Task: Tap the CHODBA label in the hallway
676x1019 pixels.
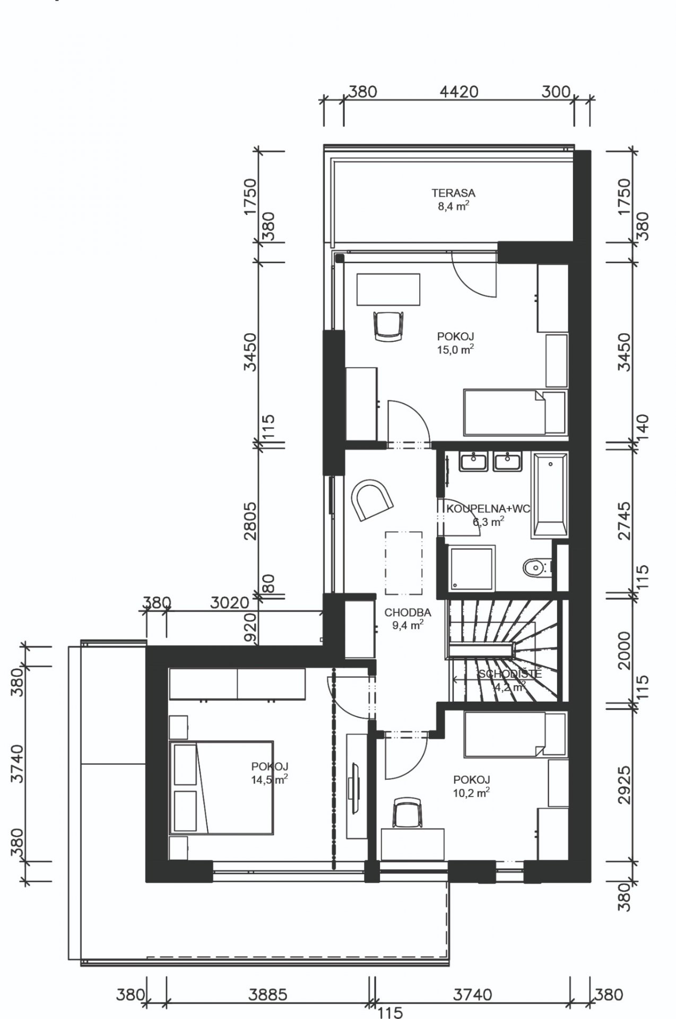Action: click(408, 612)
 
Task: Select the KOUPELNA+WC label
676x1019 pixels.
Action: click(489, 509)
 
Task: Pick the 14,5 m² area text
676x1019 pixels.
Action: click(270, 779)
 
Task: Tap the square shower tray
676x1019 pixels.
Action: click(472, 568)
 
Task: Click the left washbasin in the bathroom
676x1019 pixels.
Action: click(474, 461)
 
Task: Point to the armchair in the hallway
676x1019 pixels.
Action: click(371, 499)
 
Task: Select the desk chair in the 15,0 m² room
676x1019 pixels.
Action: click(389, 325)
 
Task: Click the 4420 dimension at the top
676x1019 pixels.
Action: click(459, 91)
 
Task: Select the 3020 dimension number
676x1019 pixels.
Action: click(229, 603)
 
